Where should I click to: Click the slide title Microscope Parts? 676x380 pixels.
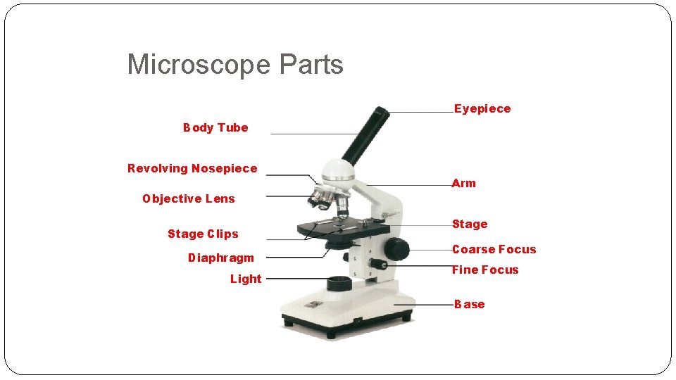tap(234, 65)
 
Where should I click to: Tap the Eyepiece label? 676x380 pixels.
tap(482, 108)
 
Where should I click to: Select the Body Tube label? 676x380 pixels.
tap(215, 127)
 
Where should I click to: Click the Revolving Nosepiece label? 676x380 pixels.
tap(192, 168)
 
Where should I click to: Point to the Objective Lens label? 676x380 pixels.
tap(188, 198)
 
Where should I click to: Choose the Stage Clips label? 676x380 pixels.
tap(203, 234)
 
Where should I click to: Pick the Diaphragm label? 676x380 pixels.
tap(220, 258)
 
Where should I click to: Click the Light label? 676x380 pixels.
tap(245, 279)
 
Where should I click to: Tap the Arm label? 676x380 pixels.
tap(464, 183)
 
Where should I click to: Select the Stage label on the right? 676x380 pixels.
tap(470, 224)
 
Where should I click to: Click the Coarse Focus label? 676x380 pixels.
tap(494, 249)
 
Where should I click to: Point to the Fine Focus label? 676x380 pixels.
tap(484, 270)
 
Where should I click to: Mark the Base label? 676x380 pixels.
tap(470, 304)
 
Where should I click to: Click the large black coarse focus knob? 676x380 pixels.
tap(396, 248)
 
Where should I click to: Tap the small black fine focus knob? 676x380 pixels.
tap(380, 265)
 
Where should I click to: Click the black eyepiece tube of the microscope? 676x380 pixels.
tap(365, 134)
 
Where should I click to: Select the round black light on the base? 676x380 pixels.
tap(339, 284)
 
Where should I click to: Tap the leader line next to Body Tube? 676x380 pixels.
tap(314, 134)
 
